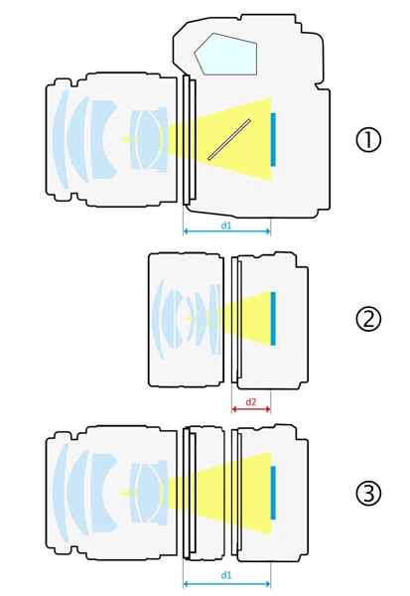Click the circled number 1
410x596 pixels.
point(367,139)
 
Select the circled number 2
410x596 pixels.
point(367,319)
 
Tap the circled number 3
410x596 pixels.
point(367,494)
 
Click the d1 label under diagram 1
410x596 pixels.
point(226,225)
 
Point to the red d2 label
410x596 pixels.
point(251,402)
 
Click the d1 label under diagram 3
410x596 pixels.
point(226,575)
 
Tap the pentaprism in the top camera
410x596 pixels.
point(227,54)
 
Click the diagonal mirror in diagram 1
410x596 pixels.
point(229,139)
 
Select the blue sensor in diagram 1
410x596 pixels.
point(273,139)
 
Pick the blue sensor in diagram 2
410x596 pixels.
point(273,319)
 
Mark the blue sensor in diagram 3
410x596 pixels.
point(273,493)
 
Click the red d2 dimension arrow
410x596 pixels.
point(251,409)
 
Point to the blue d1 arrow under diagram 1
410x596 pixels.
point(227,231)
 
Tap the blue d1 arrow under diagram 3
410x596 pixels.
point(227,583)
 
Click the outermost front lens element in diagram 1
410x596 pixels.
point(61,139)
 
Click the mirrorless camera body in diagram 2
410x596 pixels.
point(272,320)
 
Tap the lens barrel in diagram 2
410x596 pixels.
point(186,320)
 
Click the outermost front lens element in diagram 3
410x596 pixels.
point(61,493)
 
